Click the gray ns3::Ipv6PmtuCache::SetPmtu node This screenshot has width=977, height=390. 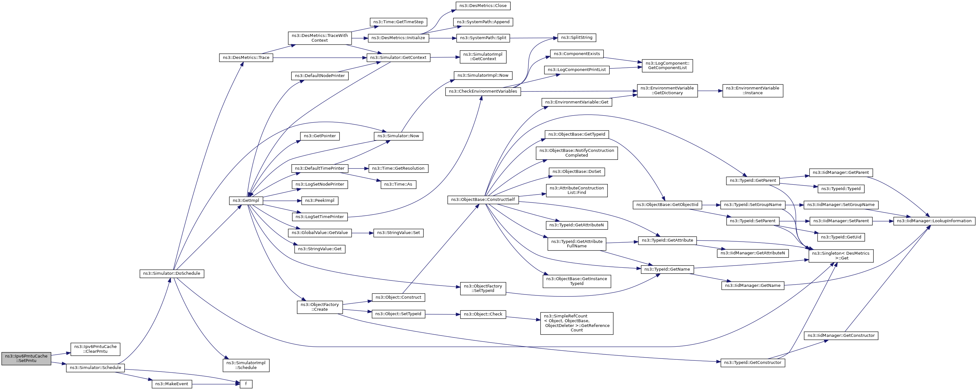tap(26, 358)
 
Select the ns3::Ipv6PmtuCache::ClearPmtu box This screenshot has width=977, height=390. tap(96, 349)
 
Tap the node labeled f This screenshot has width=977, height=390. tap(246, 384)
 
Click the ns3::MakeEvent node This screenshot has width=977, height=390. tap(172, 384)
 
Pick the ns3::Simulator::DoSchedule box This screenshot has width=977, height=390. tap(172, 273)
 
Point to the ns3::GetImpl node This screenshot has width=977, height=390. tap(246, 201)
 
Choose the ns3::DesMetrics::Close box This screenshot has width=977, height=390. tap(483, 6)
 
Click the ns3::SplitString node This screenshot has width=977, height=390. tap(577, 38)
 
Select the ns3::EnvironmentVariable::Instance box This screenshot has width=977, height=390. tap(753, 90)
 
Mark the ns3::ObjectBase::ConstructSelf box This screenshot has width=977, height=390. tap(483, 200)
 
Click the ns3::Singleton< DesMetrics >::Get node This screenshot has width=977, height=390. tap(841, 256)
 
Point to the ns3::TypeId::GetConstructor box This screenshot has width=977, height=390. tap(753, 363)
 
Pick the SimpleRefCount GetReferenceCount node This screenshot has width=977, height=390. tap(577, 323)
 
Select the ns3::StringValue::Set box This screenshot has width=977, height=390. tap(398, 233)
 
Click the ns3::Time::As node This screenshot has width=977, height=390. tap(398, 184)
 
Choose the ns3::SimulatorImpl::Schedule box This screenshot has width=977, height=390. tap(246, 365)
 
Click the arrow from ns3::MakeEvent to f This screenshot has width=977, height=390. tap(216, 384)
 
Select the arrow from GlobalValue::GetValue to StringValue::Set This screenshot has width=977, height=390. tap(362, 233)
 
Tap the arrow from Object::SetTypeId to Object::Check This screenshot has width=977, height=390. tap(443, 314)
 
